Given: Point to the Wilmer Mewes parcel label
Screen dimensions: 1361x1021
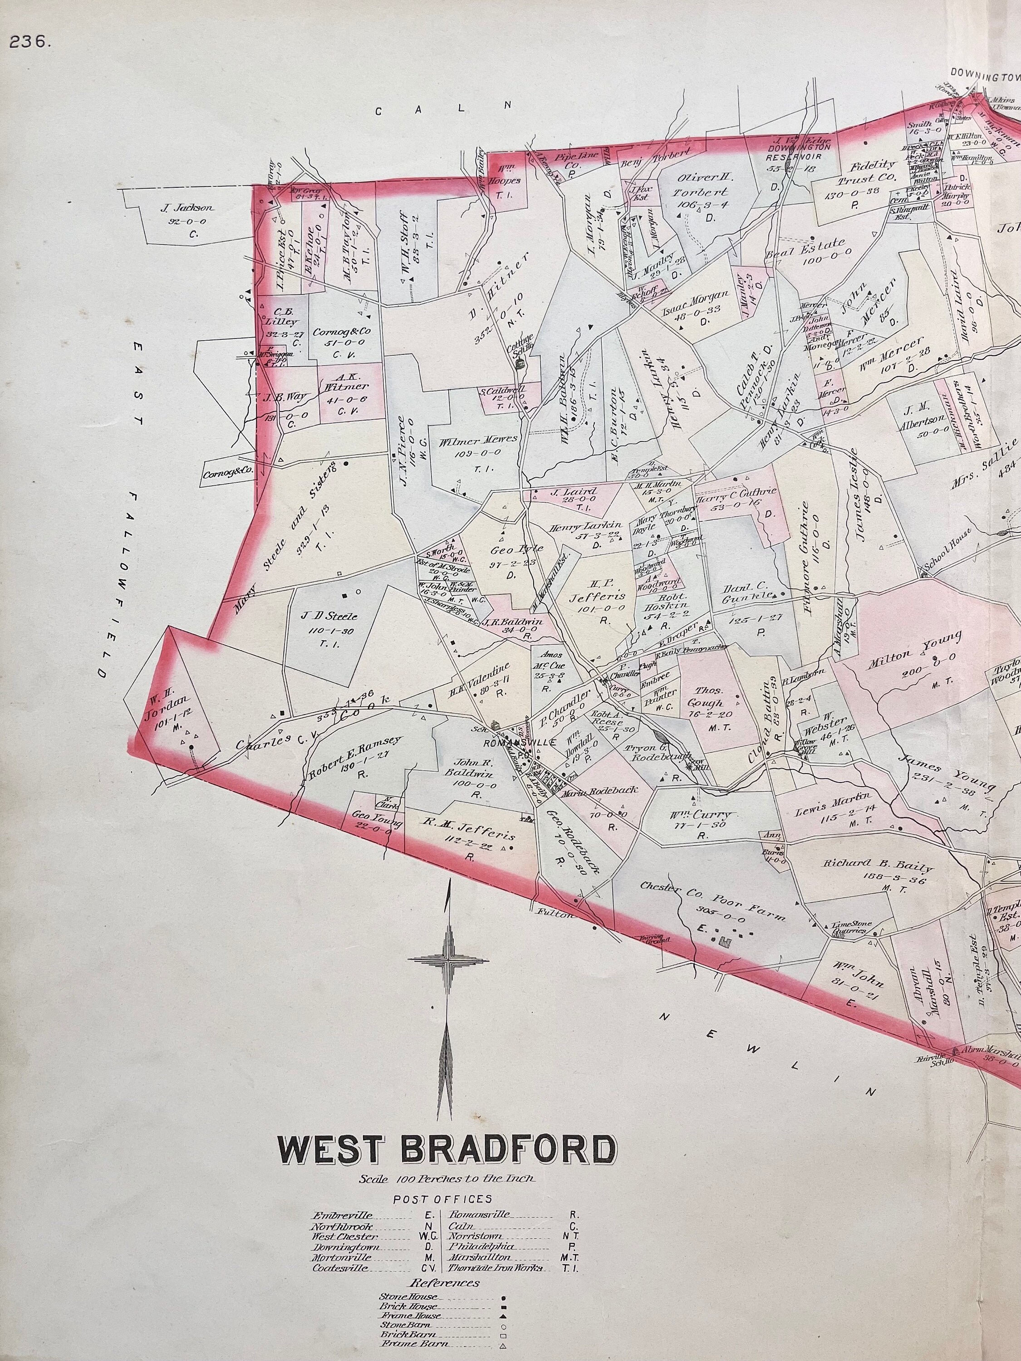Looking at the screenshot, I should click(x=478, y=441).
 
